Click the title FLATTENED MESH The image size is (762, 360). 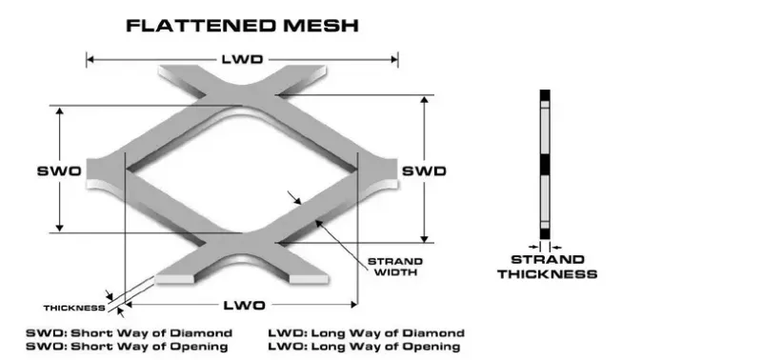pos(242,26)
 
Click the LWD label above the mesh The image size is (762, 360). pos(243,59)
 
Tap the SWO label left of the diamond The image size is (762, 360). pos(59,170)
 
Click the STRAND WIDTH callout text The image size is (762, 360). pos(393,268)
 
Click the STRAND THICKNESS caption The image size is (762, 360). pos(546,267)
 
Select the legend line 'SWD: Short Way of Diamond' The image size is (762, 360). pos(130,332)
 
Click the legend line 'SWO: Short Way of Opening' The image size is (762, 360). pos(130,347)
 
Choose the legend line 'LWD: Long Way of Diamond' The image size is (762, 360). pos(367,332)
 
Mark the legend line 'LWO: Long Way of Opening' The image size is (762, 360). pos(367,347)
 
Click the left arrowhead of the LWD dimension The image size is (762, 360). pos(90,59)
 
